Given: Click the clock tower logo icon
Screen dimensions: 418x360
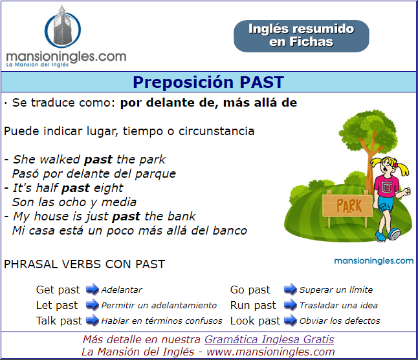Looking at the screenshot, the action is pyautogui.click(x=63, y=27).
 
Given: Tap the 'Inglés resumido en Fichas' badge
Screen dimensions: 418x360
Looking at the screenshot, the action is pyautogui.click(x=302, y=36).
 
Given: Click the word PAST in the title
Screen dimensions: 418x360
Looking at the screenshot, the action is pyautogui.click(x=261, y=82).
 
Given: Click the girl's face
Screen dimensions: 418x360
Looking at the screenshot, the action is pyautogui.click(x=387, y=167).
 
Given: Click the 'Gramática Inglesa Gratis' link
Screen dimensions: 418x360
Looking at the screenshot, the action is pyautogui.click(x=269, y=339).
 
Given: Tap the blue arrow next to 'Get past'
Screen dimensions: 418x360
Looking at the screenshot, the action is pyautogui.click(x=93, y=290).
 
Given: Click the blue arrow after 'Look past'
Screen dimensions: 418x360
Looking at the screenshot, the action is pyautogui.click(x=291, y=321).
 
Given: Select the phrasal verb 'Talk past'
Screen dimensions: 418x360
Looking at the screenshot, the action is pyautogui.click(x=59, y=321).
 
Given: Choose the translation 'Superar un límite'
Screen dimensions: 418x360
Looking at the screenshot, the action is pyautogui.click(x=336, y=290).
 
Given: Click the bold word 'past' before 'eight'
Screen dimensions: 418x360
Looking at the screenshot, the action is pyautogui.click(x=76, y=188).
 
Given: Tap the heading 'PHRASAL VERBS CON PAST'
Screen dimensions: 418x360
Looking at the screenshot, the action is pyautogui.click(x=85, y=264).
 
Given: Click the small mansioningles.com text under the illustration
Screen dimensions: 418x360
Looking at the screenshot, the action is pyautogui.click(x=374, y=260).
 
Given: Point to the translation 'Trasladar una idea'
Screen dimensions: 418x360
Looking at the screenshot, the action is pyautogui.click(x=338, y=305).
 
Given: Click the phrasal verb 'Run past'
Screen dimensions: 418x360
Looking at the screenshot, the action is pyautogui.click(x=253, y=306).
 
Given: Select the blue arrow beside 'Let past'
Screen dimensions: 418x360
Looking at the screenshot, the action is pyautogui.click(x=93, y=305).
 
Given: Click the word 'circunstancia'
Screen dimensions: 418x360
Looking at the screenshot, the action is pyautogui.click(x=217, y=131).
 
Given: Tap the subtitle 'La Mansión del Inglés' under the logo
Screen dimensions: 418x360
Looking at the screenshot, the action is pyautogui.click(x=38, y=65).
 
